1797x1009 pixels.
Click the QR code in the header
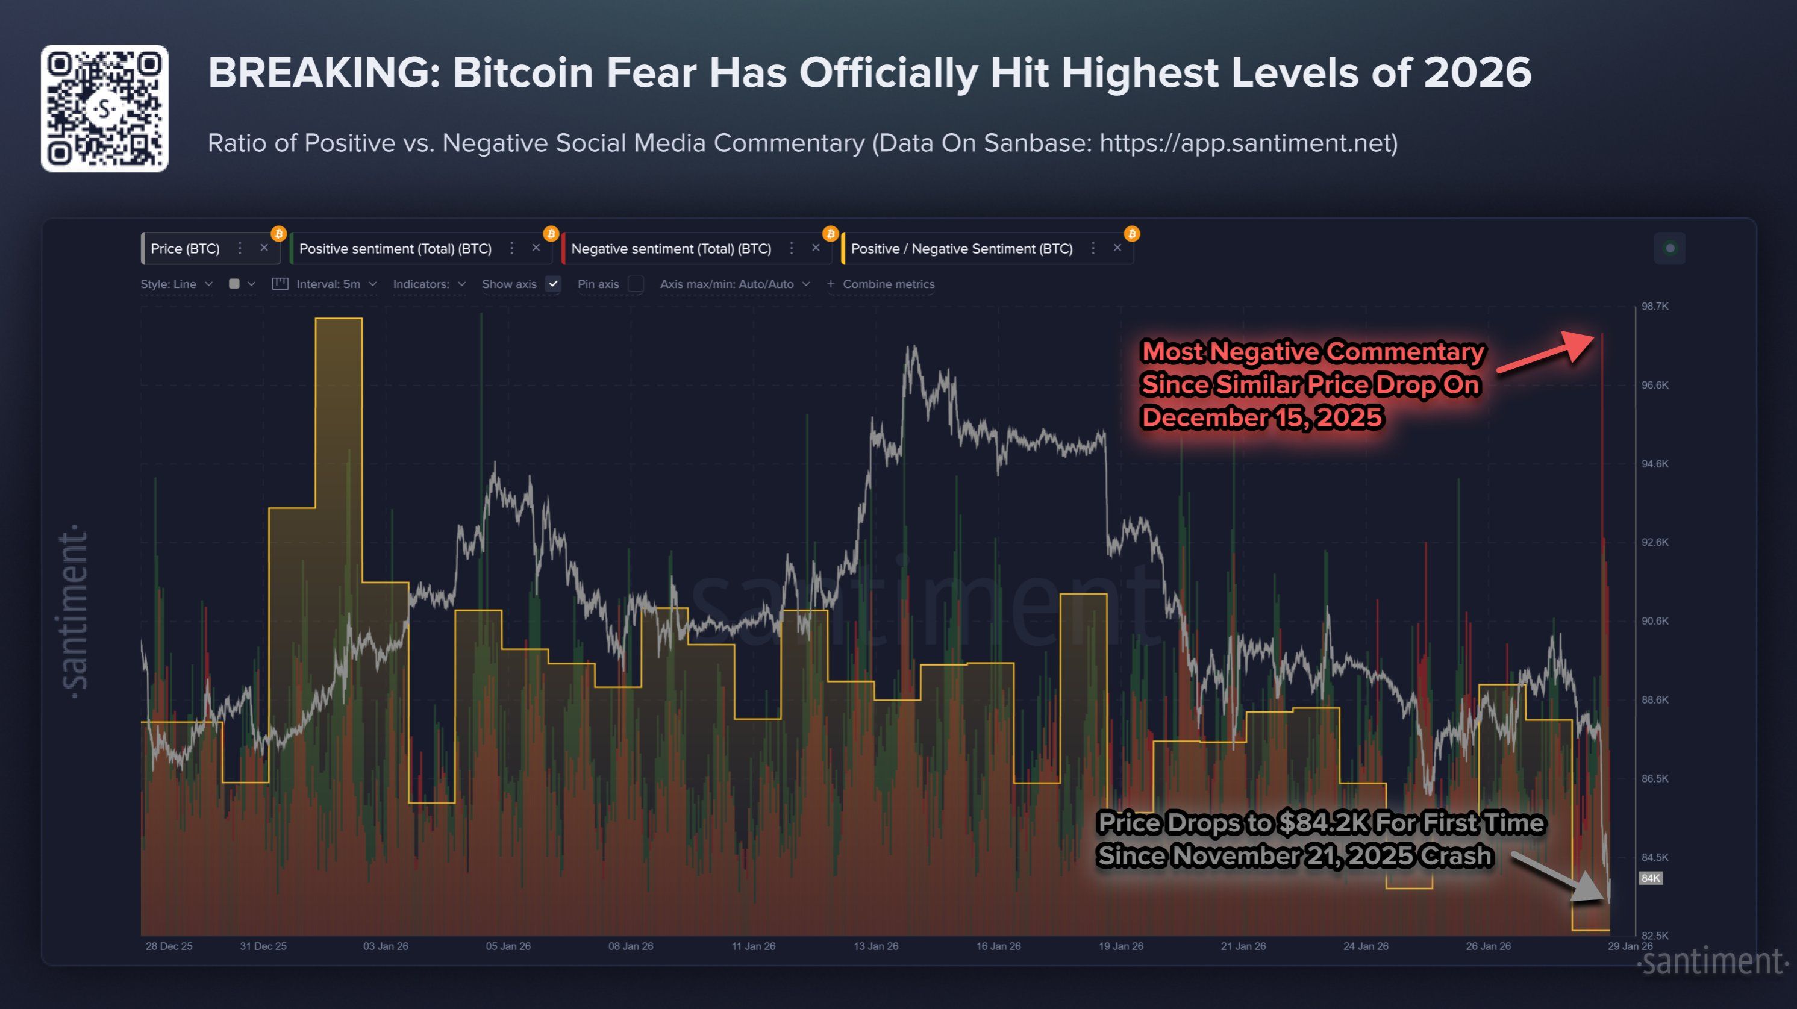[x=105, y=108]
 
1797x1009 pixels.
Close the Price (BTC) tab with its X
[x=264, y=248]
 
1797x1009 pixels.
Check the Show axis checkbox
[x=553, y=284]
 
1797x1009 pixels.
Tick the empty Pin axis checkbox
[x=636, y=284]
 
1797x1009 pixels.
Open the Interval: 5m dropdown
[x=328, y=284]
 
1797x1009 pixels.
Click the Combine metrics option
[x=887, y=284]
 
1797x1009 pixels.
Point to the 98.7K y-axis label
[x=1655, y=307]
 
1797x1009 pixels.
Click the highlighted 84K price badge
[x=1651, y=878]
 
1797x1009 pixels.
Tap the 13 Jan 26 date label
[x=875, y=946]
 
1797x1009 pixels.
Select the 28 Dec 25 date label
[x=169, y=946]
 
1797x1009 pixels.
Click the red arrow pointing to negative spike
[x=1549, y=352]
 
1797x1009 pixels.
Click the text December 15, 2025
[x=1262, y=417]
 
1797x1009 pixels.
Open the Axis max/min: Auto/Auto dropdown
[x=734, y=284]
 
